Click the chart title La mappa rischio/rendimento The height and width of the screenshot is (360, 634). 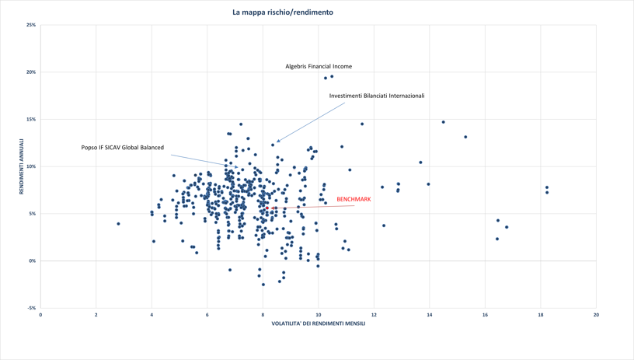coord(283,12)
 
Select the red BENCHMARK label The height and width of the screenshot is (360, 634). coord(354,200)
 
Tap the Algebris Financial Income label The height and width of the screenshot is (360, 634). coord(319,67)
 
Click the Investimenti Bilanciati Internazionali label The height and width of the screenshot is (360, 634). coord(377,96)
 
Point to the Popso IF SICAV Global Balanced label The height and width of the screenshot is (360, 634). coord(123,148)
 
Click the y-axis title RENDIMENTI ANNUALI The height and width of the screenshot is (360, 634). coord(22,166)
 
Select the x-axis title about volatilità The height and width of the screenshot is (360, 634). coord(318,323)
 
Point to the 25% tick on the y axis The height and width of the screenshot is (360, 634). coord(31,25)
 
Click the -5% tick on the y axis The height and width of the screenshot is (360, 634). coord(31,308)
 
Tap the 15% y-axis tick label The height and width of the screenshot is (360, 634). coord(31,120)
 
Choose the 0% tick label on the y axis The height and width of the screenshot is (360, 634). coord(32,261)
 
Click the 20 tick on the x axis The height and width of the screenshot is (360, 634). coord(596,315)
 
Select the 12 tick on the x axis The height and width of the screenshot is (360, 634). coord(374,315)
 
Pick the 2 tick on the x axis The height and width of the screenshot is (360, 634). coord(96,315)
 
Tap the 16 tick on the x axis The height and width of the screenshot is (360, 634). coord(485,315)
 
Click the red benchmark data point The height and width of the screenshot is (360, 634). coord(267,208)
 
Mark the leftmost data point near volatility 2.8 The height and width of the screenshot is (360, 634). coord(118,224)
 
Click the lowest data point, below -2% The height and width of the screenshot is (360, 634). coord(263,285)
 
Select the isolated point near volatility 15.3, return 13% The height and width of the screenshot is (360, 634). coord(465,138)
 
